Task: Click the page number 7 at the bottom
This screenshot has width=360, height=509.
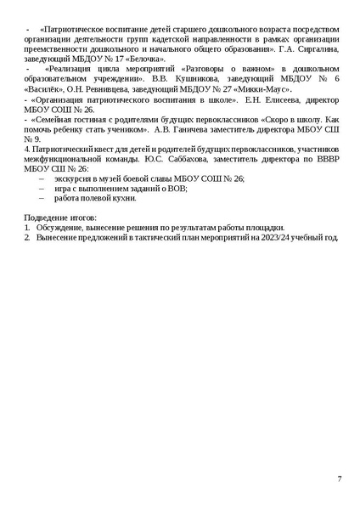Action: [340, 479]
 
